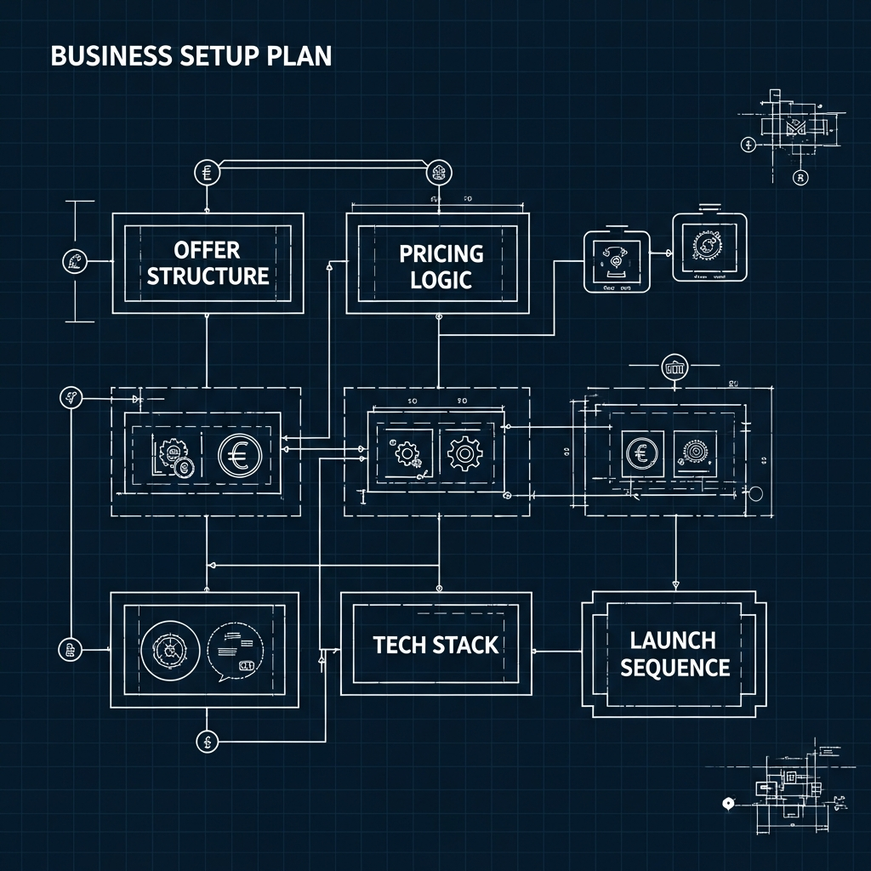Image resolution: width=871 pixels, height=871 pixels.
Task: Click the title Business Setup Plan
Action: tap(191, 56)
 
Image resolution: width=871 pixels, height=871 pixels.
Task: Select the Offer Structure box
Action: tap(208, 263)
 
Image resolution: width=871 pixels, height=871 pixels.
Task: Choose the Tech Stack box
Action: tap(435, 644)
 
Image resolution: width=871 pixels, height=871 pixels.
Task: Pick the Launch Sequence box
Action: tap(674, 653)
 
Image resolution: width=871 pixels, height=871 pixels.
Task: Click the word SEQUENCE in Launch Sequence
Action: tap(675, 667)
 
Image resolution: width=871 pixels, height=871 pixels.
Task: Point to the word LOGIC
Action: tap(441, 280)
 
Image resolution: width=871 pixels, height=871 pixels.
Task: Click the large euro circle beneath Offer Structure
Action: tap(239, 455)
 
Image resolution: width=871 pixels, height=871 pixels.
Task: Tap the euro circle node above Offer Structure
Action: tap(207, 173)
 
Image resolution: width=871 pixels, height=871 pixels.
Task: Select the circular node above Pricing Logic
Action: tap(438, 173)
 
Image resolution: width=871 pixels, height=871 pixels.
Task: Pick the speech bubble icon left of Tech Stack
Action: tap(236, 651)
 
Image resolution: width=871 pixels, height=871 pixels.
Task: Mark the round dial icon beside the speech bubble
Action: tap(169, 651)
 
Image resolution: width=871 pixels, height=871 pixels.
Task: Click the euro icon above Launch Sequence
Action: tap(640, 453)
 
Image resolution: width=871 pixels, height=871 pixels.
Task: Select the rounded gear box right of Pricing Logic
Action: tap(709, 248)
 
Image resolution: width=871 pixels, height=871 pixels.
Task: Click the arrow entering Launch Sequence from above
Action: tap(675, 585)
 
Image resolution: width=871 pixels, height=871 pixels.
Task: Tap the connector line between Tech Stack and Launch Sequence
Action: tap(556, 652)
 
